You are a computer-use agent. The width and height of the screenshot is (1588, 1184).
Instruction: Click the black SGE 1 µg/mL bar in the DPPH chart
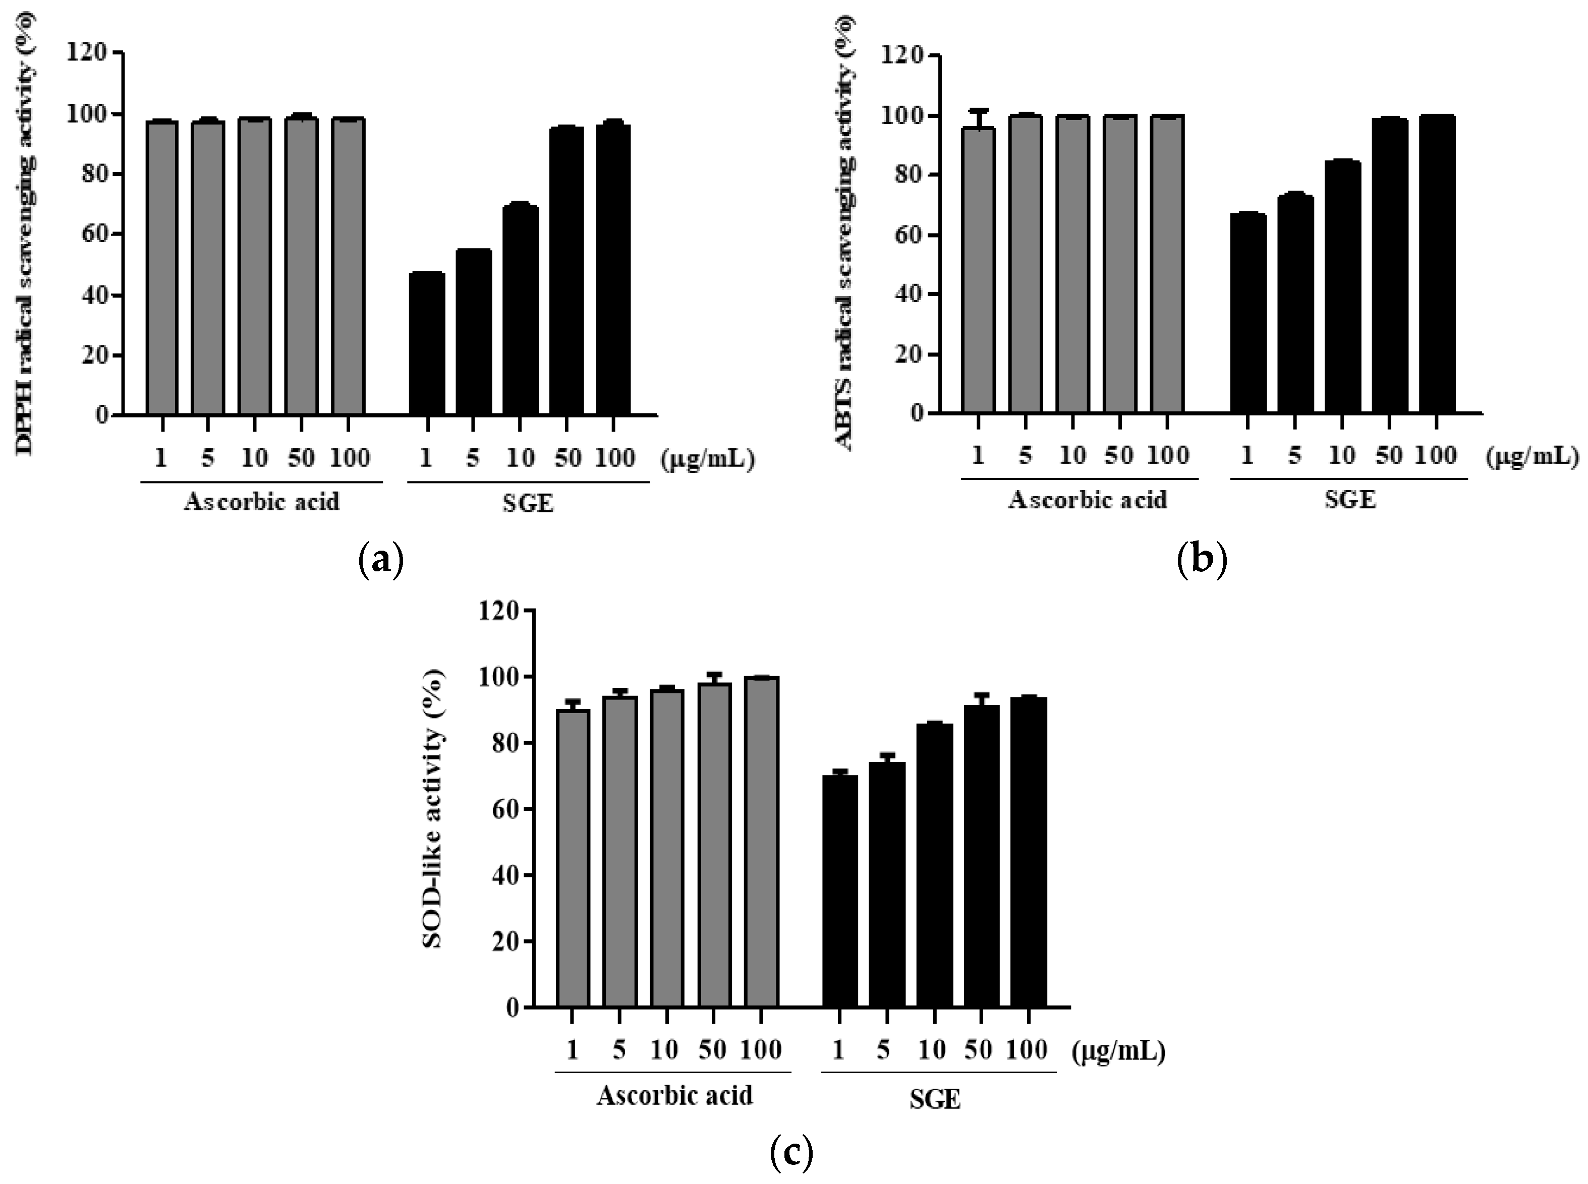[427, 344]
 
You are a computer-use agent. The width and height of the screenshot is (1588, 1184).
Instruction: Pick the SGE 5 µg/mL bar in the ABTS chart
[1295, 304]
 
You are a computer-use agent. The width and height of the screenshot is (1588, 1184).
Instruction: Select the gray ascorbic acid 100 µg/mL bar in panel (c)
[761, 842]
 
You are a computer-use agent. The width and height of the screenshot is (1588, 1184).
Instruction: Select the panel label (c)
[791, 1153]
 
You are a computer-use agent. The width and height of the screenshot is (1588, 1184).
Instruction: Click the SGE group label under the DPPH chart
[528, 504]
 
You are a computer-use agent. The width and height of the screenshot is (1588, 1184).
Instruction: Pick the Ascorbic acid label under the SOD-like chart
[674, 1096]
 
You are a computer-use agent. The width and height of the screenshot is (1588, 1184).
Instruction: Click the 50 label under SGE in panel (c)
[978, 1049]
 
